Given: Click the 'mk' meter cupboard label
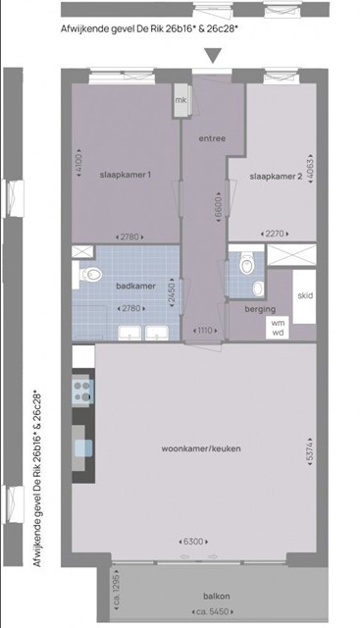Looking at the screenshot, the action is click(180, 100).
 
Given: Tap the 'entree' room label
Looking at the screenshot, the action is click(212, 138).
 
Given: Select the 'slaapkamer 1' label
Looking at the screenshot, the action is click(126, 175).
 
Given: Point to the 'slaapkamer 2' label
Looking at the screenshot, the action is click(276, 177).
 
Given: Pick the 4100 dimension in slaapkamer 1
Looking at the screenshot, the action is click(78, 163).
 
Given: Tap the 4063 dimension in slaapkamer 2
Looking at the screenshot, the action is click(310, 168).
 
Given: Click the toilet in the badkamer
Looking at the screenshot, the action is click(90, 275).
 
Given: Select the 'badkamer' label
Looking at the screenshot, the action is click(135, 286).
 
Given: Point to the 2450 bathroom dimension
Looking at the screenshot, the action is click(173, 292).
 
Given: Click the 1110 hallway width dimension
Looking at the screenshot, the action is click(205, 331).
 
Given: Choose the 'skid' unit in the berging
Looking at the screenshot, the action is click(305, 296).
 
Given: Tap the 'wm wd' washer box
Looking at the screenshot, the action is click(277, 327).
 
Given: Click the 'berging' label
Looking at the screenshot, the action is click(260, 309).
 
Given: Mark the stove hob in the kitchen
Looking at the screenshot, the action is click(82, 392).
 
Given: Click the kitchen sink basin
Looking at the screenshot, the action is click(83, 447).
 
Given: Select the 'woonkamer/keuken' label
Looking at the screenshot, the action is click(201, 448).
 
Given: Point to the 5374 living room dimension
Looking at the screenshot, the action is click(310, 451).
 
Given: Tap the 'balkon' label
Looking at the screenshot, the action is click(217, 596).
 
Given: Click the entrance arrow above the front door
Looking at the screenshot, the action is click(213, 55).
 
